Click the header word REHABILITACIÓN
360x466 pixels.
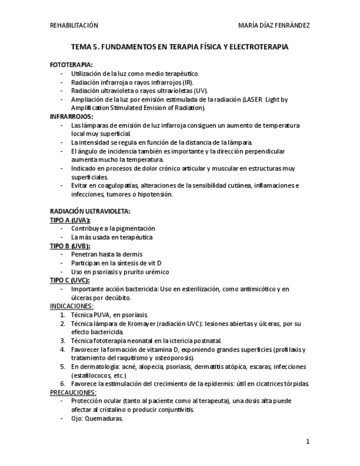[74, 25]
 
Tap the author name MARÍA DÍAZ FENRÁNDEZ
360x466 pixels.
[274, 25]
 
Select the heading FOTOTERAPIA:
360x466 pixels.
[71, 65]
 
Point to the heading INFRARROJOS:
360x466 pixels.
[71, 116]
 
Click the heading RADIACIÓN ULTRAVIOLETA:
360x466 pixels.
[90, 211]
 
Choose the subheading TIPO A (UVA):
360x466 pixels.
[70, 220]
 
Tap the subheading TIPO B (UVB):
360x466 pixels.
[70, 246]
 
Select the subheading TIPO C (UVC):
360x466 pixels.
[70, 280]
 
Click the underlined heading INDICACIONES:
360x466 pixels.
[71, 306]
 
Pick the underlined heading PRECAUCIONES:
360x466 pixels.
[73, 392]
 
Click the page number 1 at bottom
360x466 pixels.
[308, 441]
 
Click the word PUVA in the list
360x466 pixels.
[102, 315]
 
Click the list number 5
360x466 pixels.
[62, 367]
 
